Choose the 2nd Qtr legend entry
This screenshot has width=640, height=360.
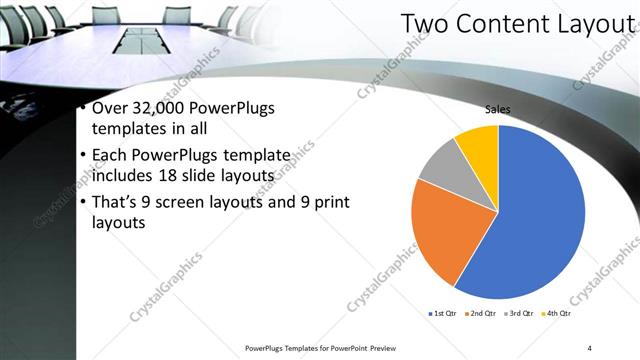coord(482,314)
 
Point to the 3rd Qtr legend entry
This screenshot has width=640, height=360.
coord(520,314)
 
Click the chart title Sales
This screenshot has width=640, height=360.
coord(498,109)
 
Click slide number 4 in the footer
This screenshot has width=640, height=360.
coord(590,347)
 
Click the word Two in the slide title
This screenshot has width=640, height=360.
coord(422,25)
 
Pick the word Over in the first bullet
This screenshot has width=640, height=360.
coord(109,109)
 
